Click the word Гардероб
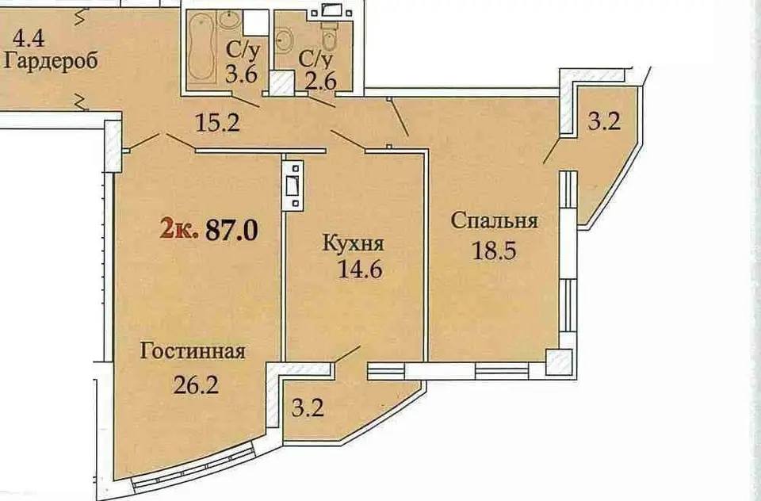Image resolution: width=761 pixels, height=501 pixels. [51, 62]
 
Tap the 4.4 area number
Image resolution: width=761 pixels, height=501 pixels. [29, 38]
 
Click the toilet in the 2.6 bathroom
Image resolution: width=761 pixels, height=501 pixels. [330, 37]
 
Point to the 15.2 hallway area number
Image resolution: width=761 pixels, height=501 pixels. [217, 122]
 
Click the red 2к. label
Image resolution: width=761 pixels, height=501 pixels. [179, 228]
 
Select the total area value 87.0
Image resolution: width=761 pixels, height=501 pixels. [232, 229]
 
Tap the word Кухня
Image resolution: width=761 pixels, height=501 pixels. [354, 243]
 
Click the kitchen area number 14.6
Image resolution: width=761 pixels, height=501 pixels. [360, 269]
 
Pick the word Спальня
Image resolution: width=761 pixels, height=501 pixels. [494, 221]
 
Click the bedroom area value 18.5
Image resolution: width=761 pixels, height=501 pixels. [494, 251]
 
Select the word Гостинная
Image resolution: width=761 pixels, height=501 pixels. [193, 350]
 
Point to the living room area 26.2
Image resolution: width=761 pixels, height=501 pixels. [196, 384]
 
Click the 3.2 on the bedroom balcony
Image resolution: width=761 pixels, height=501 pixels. [604, 121]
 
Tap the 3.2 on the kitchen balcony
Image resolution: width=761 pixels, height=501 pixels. [308, 407]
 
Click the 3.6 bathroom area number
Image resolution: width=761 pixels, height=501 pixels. [241, 75]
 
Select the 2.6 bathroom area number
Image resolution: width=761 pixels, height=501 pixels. [321, 80]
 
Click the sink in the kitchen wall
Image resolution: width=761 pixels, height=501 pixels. [293, 185]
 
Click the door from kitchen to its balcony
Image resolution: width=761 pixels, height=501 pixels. [347, 354]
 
